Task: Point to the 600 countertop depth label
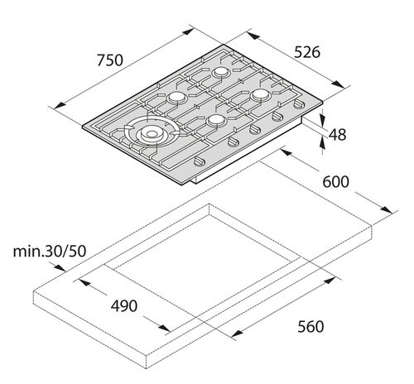point(336,181)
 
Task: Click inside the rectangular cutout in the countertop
point(207,265)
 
